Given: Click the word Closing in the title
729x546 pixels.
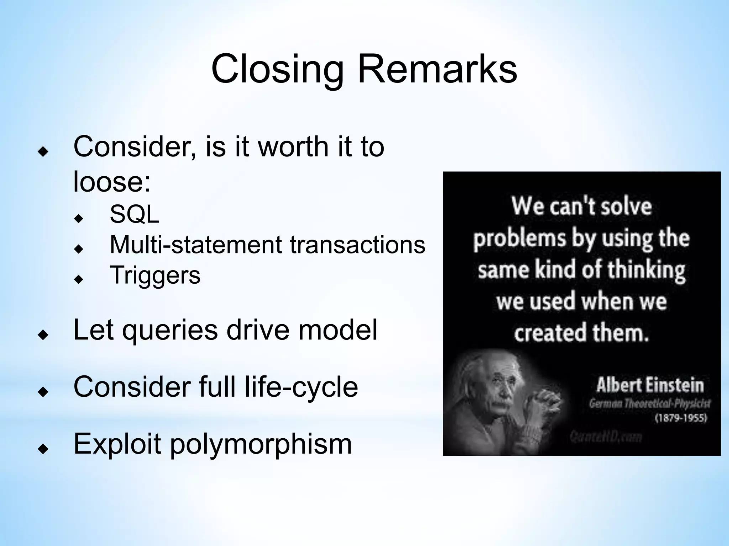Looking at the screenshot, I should (x=277, y=70).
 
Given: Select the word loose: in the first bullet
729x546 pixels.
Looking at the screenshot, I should (x=112, y=182).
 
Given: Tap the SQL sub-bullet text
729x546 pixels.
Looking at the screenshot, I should (x=135, y=215).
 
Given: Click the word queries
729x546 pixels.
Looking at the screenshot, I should (x=170, y=330).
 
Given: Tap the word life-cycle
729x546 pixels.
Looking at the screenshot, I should (x=301, y=387).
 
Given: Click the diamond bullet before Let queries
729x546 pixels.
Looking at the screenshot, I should (x=43, y=334).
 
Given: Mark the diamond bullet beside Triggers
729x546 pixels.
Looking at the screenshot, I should (x=79, y=279).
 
